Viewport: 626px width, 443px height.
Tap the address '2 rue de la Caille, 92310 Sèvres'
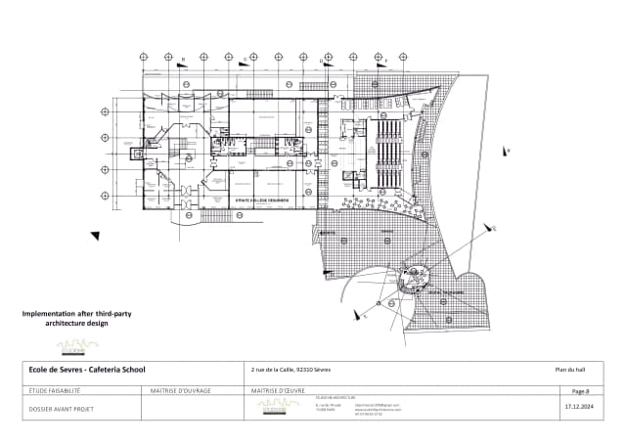click(x=291, y=370)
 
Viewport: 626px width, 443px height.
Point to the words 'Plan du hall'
click(x=569, y=370)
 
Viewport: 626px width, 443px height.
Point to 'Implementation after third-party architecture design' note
click(x=77, y=317)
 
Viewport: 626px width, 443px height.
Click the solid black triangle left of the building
click(x=95, y=235)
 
